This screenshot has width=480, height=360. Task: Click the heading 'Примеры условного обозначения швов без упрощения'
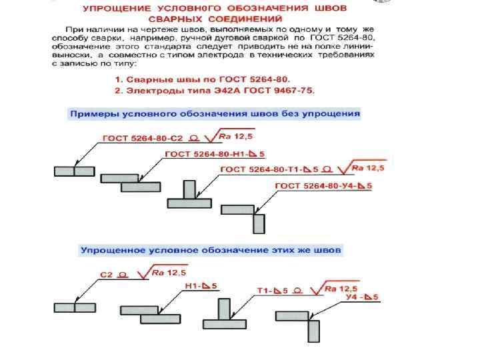coord(215,113)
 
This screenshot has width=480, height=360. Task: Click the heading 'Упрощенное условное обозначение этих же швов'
coord(211,250)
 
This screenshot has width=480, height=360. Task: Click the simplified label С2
coord(106,275)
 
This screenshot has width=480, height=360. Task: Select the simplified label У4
coord(355,297)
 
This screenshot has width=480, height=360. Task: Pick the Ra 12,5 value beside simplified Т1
coord(340,289)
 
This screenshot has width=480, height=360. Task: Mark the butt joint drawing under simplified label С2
coord(75,307)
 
